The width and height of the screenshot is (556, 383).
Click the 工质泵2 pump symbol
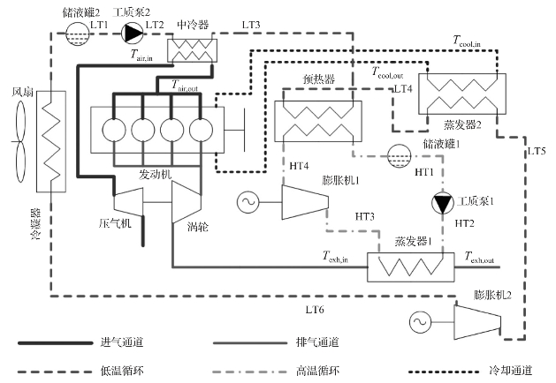133,34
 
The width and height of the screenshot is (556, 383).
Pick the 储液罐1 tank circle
399,153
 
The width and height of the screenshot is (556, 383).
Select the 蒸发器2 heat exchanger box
463,92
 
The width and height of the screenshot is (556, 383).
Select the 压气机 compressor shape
128,203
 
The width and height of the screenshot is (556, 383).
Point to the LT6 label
315,310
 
